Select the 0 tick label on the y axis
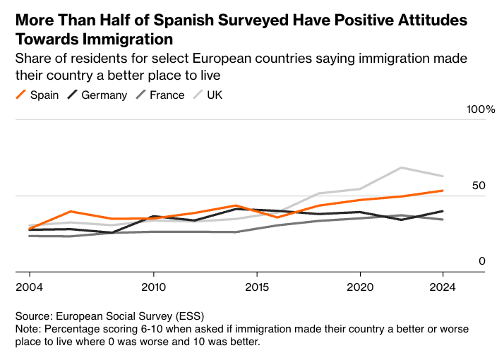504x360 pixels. click(483, 261)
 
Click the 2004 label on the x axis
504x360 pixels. click(29, 288)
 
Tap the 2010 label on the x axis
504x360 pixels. click(153, 288)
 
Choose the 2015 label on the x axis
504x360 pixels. click(257, 288)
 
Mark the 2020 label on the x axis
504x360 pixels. click(360, 288)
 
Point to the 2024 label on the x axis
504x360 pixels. click(443, 288)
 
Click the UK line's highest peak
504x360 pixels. click(402, 168)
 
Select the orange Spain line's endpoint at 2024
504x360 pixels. click(443, 191)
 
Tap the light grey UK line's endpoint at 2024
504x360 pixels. click(443, 176)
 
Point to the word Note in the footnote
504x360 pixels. click(28, 330)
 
